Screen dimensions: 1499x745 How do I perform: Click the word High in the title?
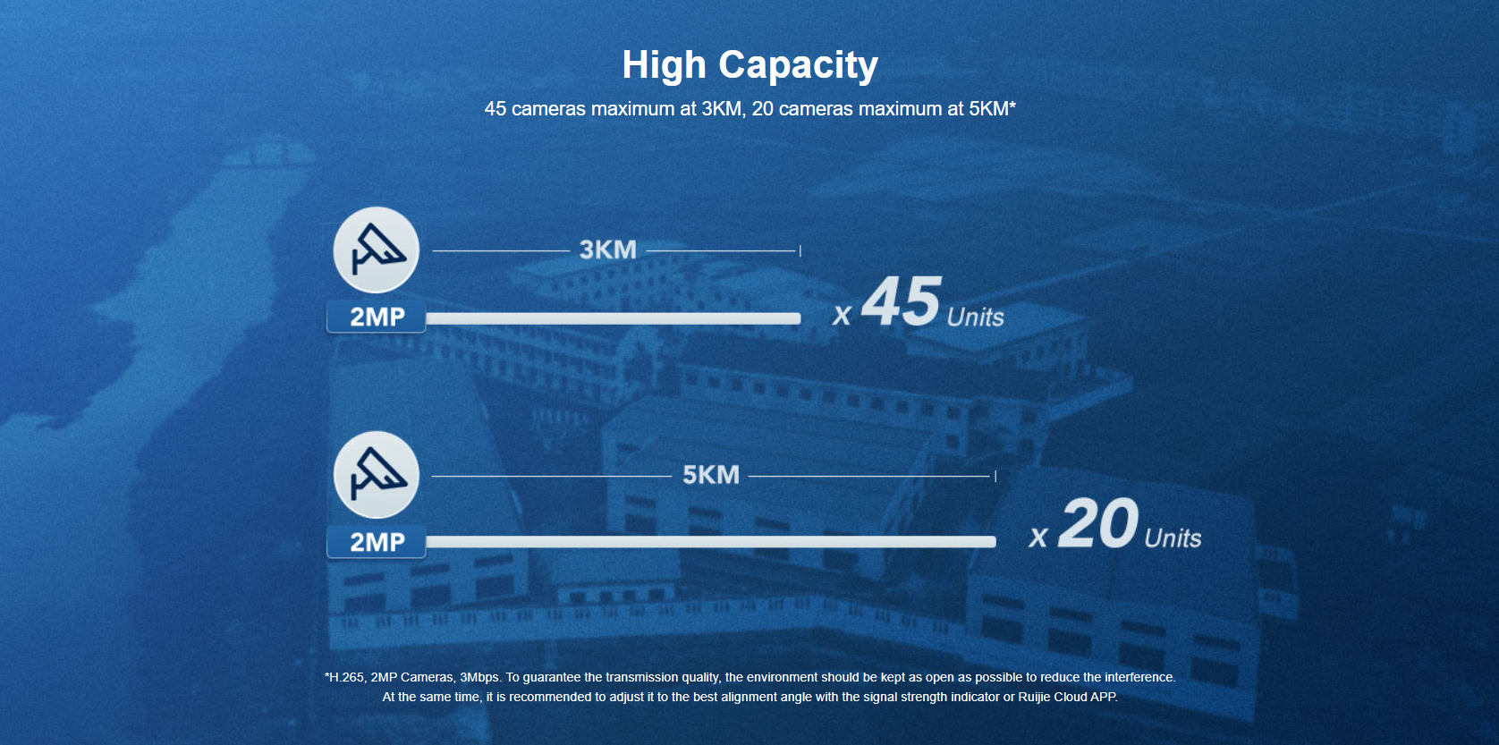click(664, 65)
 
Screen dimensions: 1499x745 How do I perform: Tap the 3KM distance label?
click(607, 250)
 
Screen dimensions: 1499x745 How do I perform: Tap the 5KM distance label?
click(711, 475)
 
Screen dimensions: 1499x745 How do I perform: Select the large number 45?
click(901, 301)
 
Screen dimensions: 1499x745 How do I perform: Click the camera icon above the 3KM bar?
click(376, 250)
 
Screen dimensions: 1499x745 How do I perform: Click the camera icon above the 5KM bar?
click(376, 475)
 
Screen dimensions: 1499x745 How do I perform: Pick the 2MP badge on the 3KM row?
click(376, 317)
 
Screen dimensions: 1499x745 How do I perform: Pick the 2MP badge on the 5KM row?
click(376, 541)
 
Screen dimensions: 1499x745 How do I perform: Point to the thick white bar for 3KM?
click(613, 318)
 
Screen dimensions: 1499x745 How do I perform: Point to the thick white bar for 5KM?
click(711, 541)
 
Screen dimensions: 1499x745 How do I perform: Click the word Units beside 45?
click(976, 317)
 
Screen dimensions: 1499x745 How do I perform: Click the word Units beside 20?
click(1173, 538)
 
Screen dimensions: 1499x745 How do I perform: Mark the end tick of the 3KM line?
click(800, 250)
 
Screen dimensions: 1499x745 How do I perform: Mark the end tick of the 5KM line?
click(995, 475)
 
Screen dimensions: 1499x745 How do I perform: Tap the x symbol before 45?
click(842, 316)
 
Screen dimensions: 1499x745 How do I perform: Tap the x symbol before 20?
click(1037, 537)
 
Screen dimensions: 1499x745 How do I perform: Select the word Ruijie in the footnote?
click(1034, 697)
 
